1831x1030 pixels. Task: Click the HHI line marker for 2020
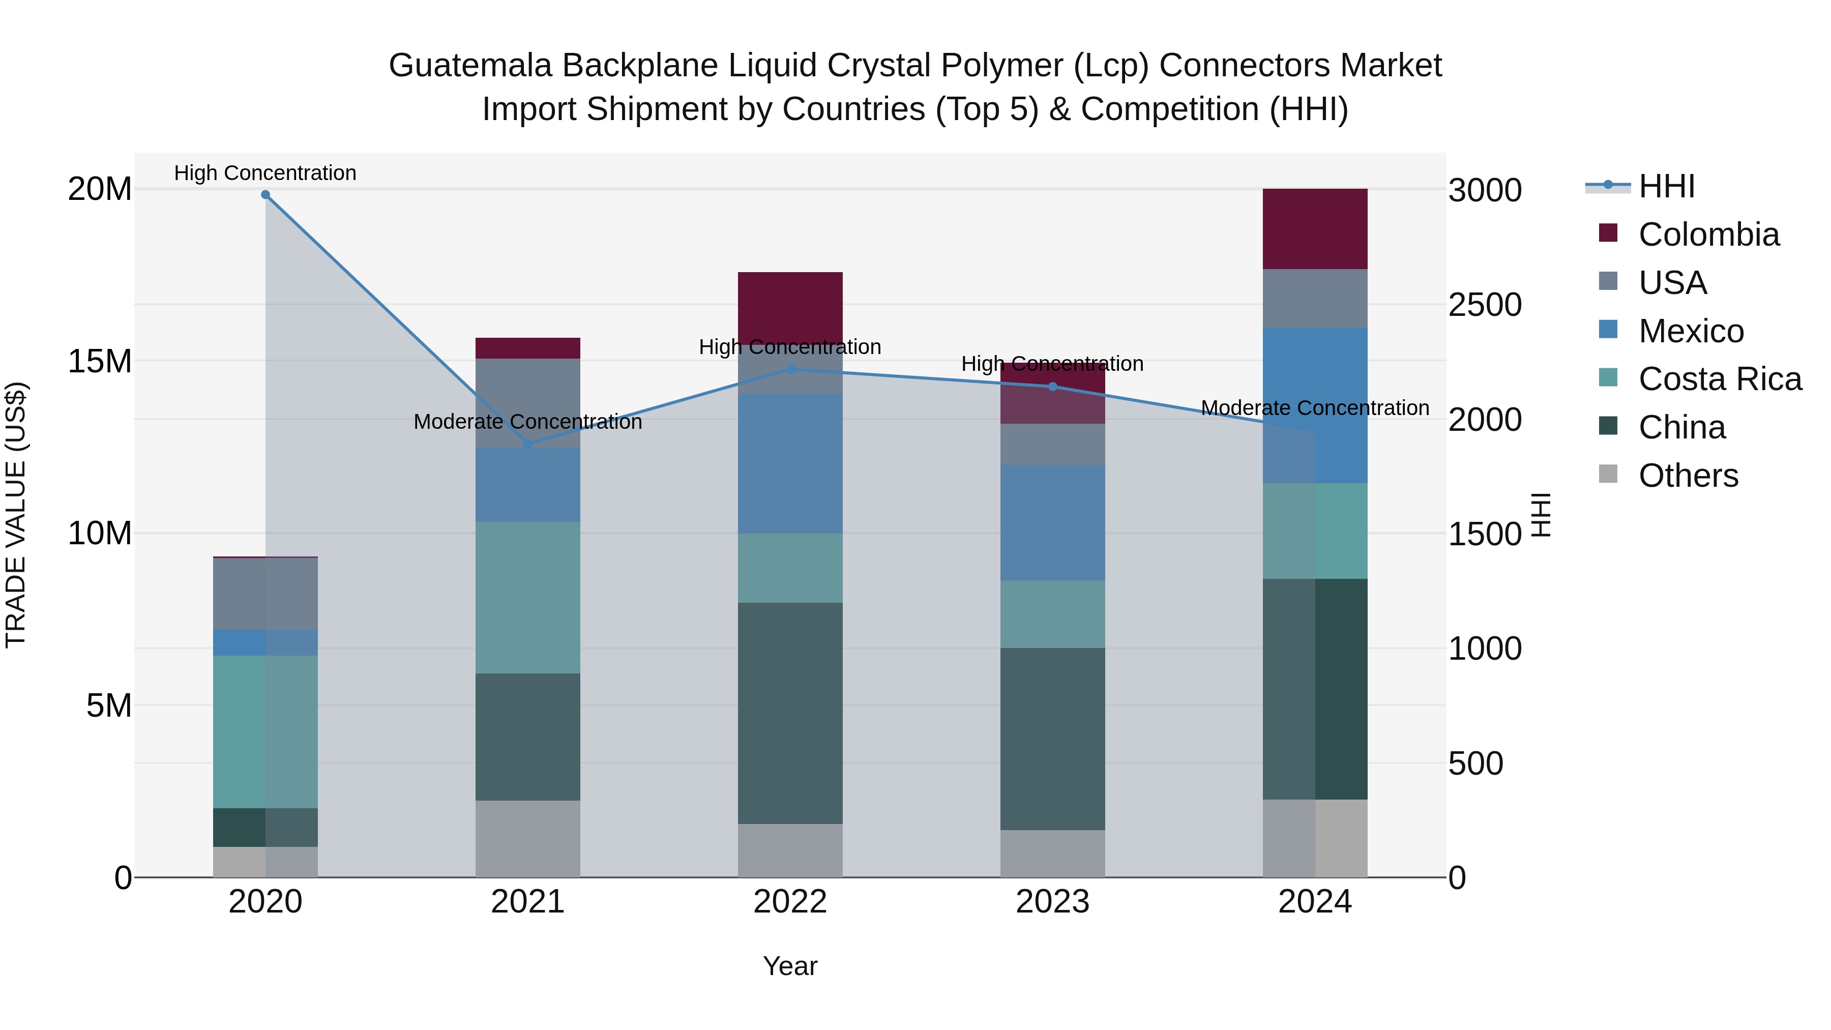pyautogui.click(x=265, y=195)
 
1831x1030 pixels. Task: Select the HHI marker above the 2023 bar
pyautogui.click(x=1053, y=387)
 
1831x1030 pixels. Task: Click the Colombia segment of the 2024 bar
pyautogui.click(x=1314, y=229)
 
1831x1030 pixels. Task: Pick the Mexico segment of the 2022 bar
pyautogui.click(x=790, y=463)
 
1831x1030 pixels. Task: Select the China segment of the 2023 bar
pyautogui.click(x=1053, y=739)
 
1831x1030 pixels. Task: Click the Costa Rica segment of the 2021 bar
pyautogui.click(x=527, y=597)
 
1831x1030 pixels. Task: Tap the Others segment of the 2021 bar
pyautogui.click(x=527, y=839)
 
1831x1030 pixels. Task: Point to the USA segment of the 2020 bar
pyautogui.click(x=265, y=594)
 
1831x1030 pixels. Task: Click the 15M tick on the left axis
pyautogui.click(x=100, y=361)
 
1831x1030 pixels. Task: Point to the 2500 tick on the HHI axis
pyautogui.click(x=1485, y=305)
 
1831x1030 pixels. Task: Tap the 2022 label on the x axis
pyautogui.click(x=790, y=902)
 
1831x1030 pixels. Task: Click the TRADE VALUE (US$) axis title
pyautogui.click(x=16, y=515)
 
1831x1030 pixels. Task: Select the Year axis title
pyautogui.click(x=790, y=966)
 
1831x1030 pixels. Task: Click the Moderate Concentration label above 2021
pyautogui.click(x=527, y=422)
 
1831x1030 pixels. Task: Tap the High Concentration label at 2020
pyautogui.click(x=265, y=173)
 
